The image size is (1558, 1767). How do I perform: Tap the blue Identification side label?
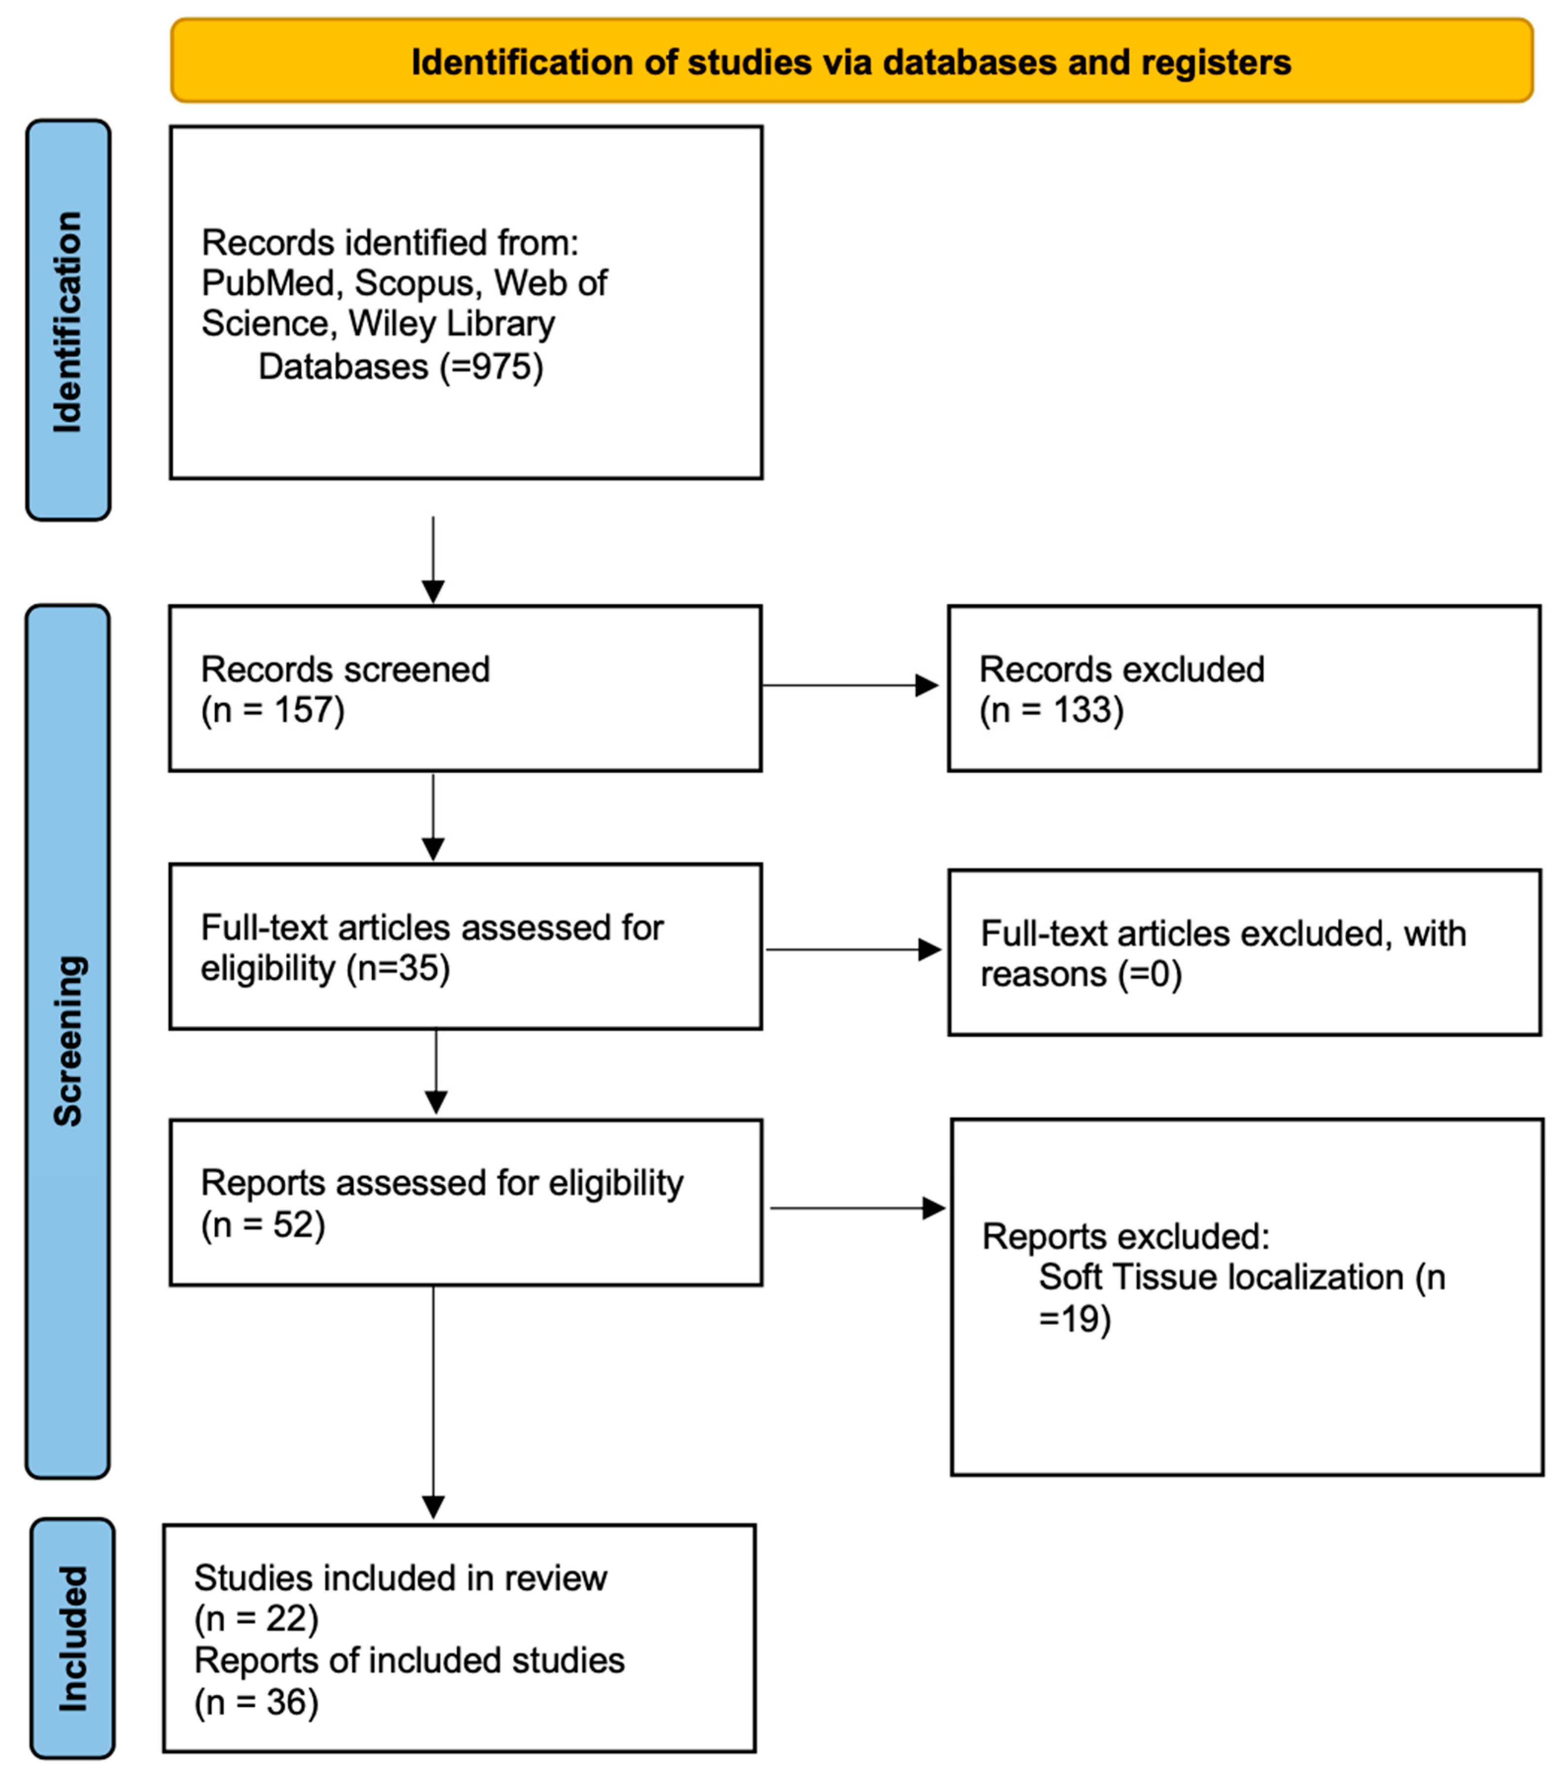[68, 320]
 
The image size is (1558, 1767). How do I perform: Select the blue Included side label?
[72, 1638]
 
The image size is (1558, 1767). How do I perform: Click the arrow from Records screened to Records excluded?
[850, 685]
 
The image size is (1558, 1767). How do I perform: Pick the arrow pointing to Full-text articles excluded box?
[853, 950]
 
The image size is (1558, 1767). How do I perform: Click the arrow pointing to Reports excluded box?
[856, 1208]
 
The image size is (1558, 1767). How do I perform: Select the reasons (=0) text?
[1081, 974]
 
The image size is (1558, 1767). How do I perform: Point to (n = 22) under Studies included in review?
[256, 1618]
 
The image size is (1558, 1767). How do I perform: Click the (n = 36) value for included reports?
[256, 1701]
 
